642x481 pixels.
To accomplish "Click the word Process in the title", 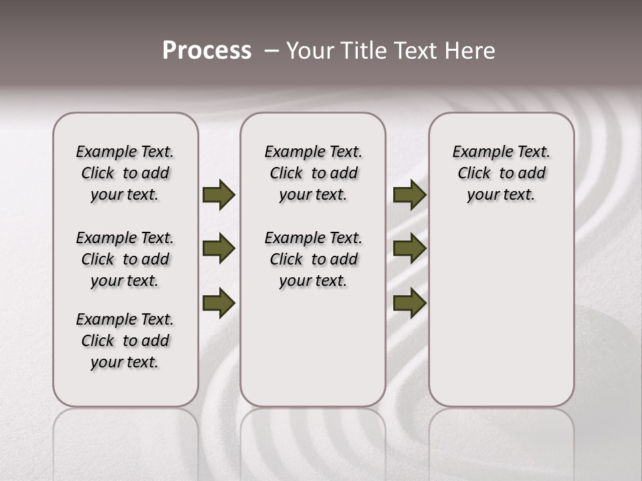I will (x=207, y=50).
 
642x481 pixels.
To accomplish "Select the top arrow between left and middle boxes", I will (x=218, y=195).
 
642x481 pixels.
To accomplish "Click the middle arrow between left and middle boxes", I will (x=218, y=249).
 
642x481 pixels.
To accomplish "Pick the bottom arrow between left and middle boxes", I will (x=218, y=303).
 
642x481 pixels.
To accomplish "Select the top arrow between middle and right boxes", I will (x=409, y=195).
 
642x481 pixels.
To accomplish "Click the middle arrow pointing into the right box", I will (x=409, y=249).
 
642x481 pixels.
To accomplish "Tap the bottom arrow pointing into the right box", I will (x=409, y=303).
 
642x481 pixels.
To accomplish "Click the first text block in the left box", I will (x=125, y=173).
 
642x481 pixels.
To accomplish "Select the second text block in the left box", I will (x=125, y=259).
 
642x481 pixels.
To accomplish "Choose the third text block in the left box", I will (x=125, y=341).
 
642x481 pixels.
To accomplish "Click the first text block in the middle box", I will (x=313, y=173).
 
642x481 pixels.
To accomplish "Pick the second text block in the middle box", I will (x=313, y=259).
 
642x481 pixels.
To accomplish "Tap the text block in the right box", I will (x=501, y=173).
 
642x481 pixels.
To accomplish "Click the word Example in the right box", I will (x=477, y=152).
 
